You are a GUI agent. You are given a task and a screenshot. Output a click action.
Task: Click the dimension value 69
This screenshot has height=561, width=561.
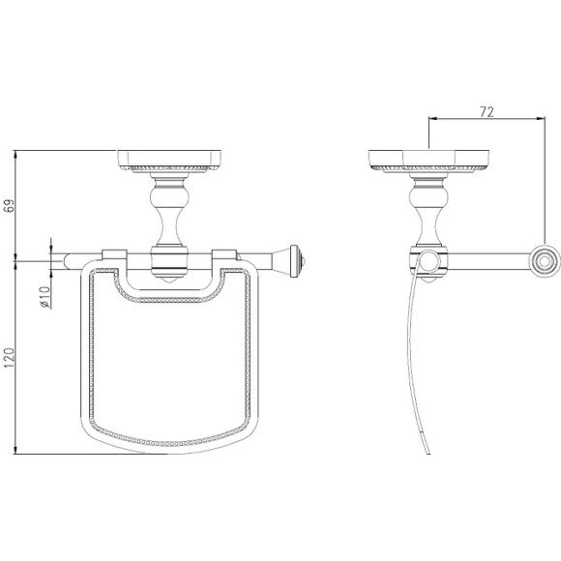[x=10, y=205]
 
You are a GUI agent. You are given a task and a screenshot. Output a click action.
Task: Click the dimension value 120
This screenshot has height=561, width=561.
[x=10, y=359]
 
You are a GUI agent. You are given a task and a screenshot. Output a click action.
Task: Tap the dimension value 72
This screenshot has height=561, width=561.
[x=487, y=112]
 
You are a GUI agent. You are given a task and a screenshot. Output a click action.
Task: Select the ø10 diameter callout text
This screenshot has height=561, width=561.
[x=44, y=297]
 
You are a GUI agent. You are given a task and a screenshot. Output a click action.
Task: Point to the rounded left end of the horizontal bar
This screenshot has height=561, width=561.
[x=67, y=261]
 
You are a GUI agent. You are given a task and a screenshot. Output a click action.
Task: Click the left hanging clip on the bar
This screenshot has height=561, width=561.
[x=114, y=254]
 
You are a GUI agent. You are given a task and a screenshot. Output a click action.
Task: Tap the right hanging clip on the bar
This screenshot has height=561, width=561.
[x=224, y=254]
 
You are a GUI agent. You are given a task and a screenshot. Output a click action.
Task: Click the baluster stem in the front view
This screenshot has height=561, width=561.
[x=169, y=212]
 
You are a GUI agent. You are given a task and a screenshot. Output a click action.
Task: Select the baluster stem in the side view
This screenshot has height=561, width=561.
[x=428, y=212]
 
